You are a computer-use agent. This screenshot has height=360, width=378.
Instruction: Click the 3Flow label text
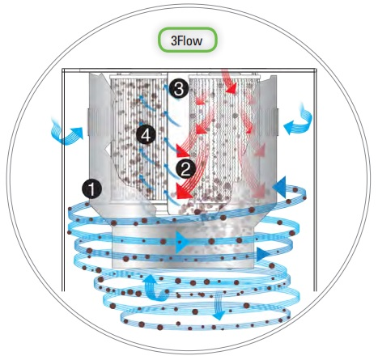click(186, 40)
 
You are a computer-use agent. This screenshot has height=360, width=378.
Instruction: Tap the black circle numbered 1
click(91, 189)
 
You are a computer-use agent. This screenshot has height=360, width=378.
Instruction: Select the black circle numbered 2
click(185, 169)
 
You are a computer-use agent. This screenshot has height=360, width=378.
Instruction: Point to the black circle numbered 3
click(179, 90)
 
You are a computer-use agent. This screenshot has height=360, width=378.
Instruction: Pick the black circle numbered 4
click(146, 134)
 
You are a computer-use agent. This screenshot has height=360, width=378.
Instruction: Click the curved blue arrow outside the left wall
click(66, 132)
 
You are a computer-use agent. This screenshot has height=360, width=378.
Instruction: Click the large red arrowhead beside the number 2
click(184, 152)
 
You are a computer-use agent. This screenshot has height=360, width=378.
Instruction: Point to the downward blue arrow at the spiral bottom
click(218, 306)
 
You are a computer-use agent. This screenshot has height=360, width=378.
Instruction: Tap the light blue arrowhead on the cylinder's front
click(183, 242)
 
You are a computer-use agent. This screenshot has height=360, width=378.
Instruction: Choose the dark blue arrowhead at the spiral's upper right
click(279, 187)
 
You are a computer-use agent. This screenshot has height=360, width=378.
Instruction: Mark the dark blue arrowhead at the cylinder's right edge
click(263, 254)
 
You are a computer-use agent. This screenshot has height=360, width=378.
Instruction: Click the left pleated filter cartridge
click(138, 138)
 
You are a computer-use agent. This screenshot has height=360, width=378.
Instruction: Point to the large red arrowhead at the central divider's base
click(184, 192)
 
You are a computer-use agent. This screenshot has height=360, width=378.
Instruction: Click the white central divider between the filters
click(178, 143)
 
